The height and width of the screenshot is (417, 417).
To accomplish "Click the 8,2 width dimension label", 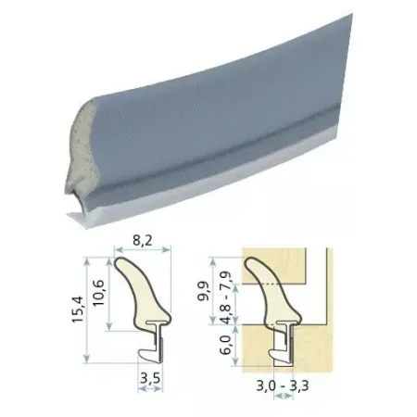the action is coord(143,240).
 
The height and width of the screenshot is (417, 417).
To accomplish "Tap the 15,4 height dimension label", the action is coord(78,310).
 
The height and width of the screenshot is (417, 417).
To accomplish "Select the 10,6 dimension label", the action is coord(99,293).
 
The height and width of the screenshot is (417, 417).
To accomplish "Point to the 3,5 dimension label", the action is coord(150,378).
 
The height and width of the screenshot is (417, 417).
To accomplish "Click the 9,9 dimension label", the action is coord(205,291).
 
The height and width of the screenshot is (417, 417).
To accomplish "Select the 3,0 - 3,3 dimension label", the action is coord(283,385).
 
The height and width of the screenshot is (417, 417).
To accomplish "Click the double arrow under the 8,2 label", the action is coord(143,249).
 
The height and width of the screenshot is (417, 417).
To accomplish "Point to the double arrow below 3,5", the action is coord(150,389).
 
